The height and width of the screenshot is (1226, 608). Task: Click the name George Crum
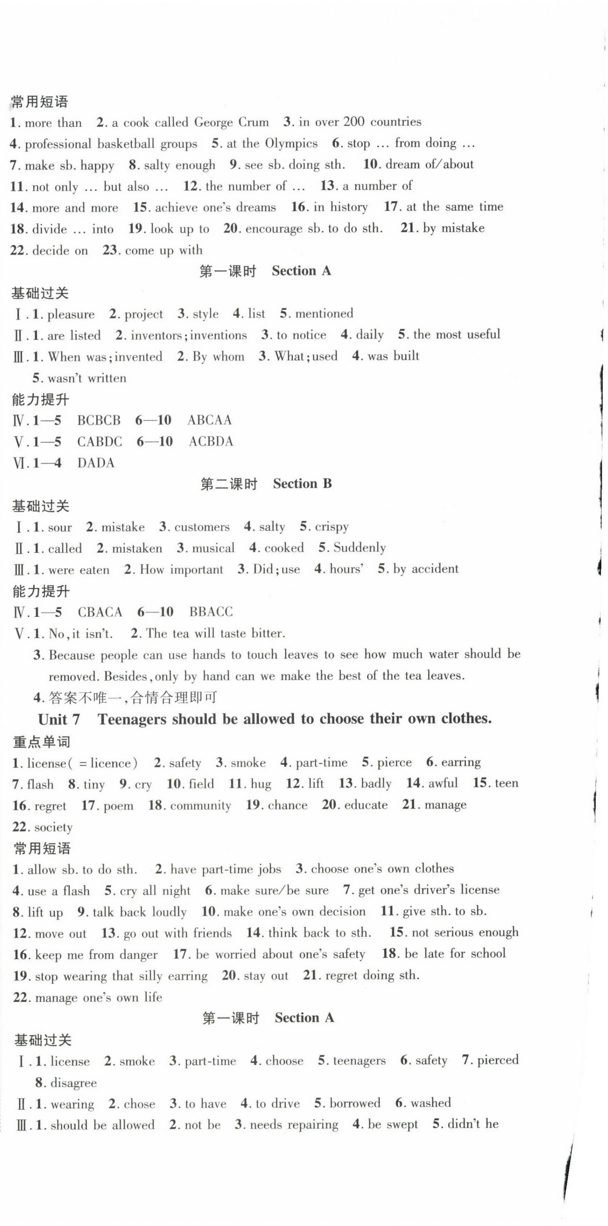[x=231, y=122]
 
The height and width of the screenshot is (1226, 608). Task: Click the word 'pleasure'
[x=71, y=314]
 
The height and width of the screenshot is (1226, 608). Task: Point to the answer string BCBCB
[x=99, y=420]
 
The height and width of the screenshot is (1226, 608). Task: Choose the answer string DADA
[x=96, y=463]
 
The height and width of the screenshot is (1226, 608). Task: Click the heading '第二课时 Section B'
[x=266, y=484]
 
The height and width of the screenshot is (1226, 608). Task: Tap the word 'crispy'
[x=332, y=527]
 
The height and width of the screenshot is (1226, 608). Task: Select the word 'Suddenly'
[x=359, y=548]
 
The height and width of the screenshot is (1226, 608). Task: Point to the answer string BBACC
[x=211, y=612]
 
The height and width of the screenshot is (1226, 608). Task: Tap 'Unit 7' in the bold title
[x=59, y=719]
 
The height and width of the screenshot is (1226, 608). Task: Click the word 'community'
[x=200, y=805]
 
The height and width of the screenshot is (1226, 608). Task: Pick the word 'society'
[x=53, y=827]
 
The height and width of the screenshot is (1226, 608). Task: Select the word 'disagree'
[x=73, y=1083]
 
